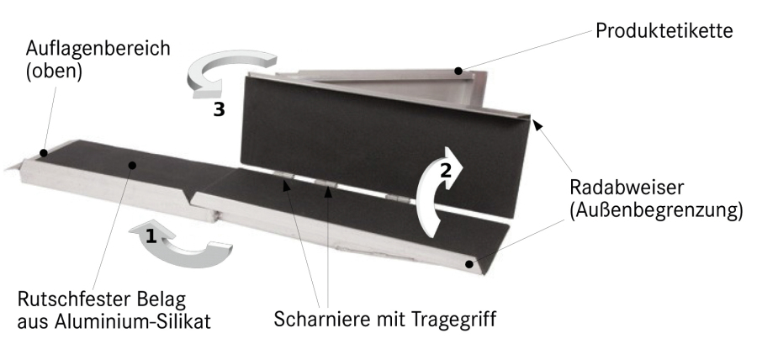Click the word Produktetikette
(x=664, y=31)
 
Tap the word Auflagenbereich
(x=98, y=48)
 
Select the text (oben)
(x=54, y=71)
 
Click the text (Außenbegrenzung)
(x=656, y=211)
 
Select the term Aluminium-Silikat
(x=132, y=321)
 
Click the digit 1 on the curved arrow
(x=151, y=236)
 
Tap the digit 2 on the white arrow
(x=445, y=170)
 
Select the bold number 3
(x=220, y=110)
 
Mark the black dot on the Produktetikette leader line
(x=458, y=71)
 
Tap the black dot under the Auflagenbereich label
(x=44, y=153)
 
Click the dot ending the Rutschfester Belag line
(x=132, y=165)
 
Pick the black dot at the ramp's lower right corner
(x=469, y=264)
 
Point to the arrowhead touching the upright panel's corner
(x=537, y=125)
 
